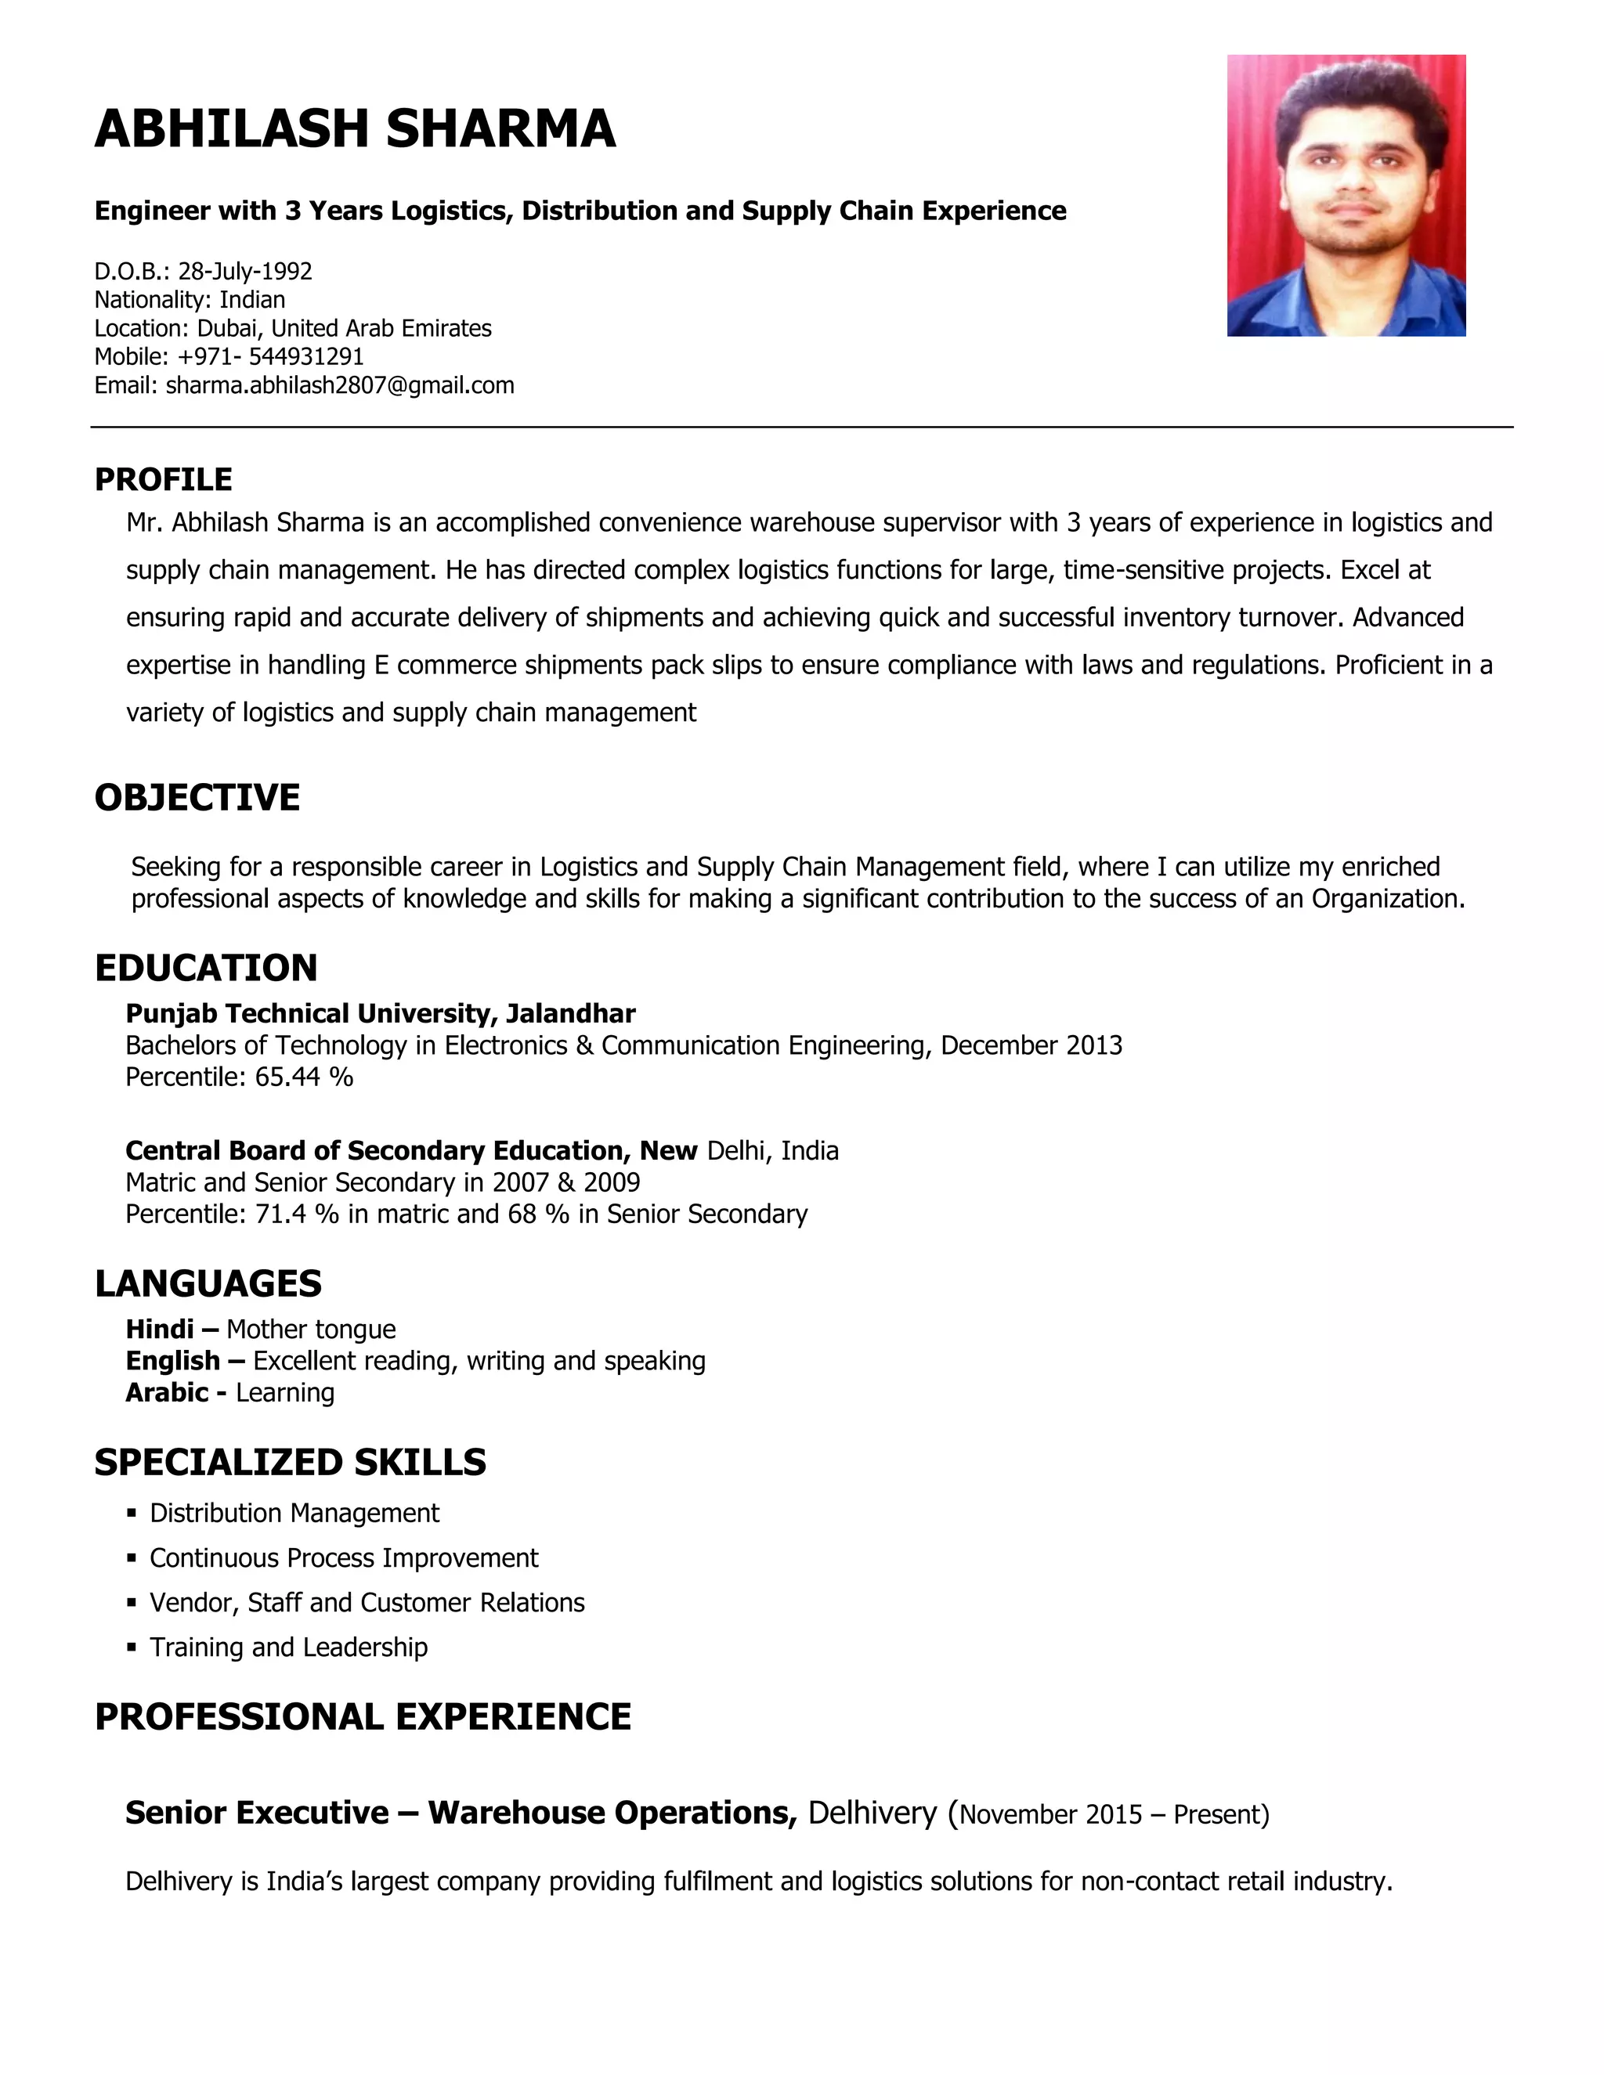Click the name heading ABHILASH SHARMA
coord(355,129)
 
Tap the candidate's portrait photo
coord(1346,195)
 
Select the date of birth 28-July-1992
coord(245,272)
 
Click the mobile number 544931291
coord(306,357)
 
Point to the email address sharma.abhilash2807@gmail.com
coord(339,386)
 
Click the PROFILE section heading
coord(164,480)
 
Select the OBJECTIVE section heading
coord(197,798)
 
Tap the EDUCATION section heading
coord(206,968)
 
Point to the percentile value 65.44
coord(289,1077)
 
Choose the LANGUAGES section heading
coord(208,1283)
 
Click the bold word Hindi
coord(160,1330)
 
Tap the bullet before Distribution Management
coord(132,1514)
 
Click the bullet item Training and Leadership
coord(288,1647)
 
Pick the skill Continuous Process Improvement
coord(343,1558)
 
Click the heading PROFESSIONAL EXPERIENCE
coord(363,1717)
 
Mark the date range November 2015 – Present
coord(1113,1815)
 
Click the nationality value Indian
coord(252,300)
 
